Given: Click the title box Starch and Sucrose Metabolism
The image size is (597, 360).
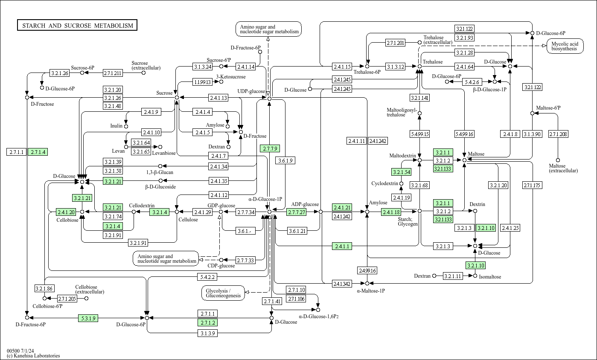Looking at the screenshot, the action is tap(77, 25).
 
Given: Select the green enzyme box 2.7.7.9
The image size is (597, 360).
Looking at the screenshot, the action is tap(270, 148).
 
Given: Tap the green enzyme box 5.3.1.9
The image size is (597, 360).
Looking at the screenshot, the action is tap(88, 318).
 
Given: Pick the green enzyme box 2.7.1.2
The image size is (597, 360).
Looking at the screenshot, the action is tap(208, 323).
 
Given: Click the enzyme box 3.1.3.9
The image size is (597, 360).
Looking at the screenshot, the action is tap(208, 333).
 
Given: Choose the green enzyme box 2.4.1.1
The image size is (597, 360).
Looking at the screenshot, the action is tap(342, 246).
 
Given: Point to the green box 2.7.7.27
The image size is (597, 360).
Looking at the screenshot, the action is tap(297, 212).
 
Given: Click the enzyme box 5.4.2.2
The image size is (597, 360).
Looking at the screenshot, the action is tap(207, 277).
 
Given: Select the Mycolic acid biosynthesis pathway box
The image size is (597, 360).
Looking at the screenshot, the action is tap(565, 46).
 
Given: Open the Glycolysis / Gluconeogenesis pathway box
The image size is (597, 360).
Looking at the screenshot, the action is tap(223, 293).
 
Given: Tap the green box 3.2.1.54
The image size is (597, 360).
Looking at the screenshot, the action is tap(402, 172).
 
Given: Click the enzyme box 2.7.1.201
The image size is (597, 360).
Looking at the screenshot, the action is tap(395, 43).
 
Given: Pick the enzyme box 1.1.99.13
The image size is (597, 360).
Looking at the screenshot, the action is tap(202, 82).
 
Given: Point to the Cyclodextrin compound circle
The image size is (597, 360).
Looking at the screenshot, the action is tap(402, 183).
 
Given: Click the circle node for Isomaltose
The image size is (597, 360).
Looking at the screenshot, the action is tap(475, 276).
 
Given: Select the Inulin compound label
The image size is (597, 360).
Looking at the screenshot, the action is tap(116, 126).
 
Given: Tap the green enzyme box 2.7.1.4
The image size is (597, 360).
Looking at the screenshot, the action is tap(38, 152).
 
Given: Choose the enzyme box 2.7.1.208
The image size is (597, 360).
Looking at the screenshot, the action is tap(558, 134).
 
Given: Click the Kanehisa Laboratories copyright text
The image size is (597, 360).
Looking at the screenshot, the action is tap(33, 356).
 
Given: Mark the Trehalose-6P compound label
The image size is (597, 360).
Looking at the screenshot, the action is tap(367, 72).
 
